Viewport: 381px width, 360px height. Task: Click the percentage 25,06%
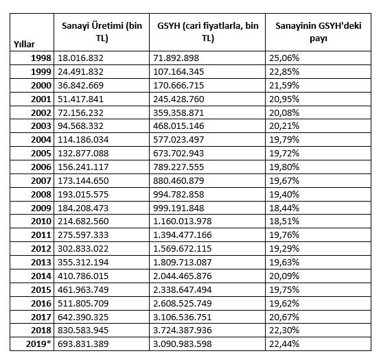284,59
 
